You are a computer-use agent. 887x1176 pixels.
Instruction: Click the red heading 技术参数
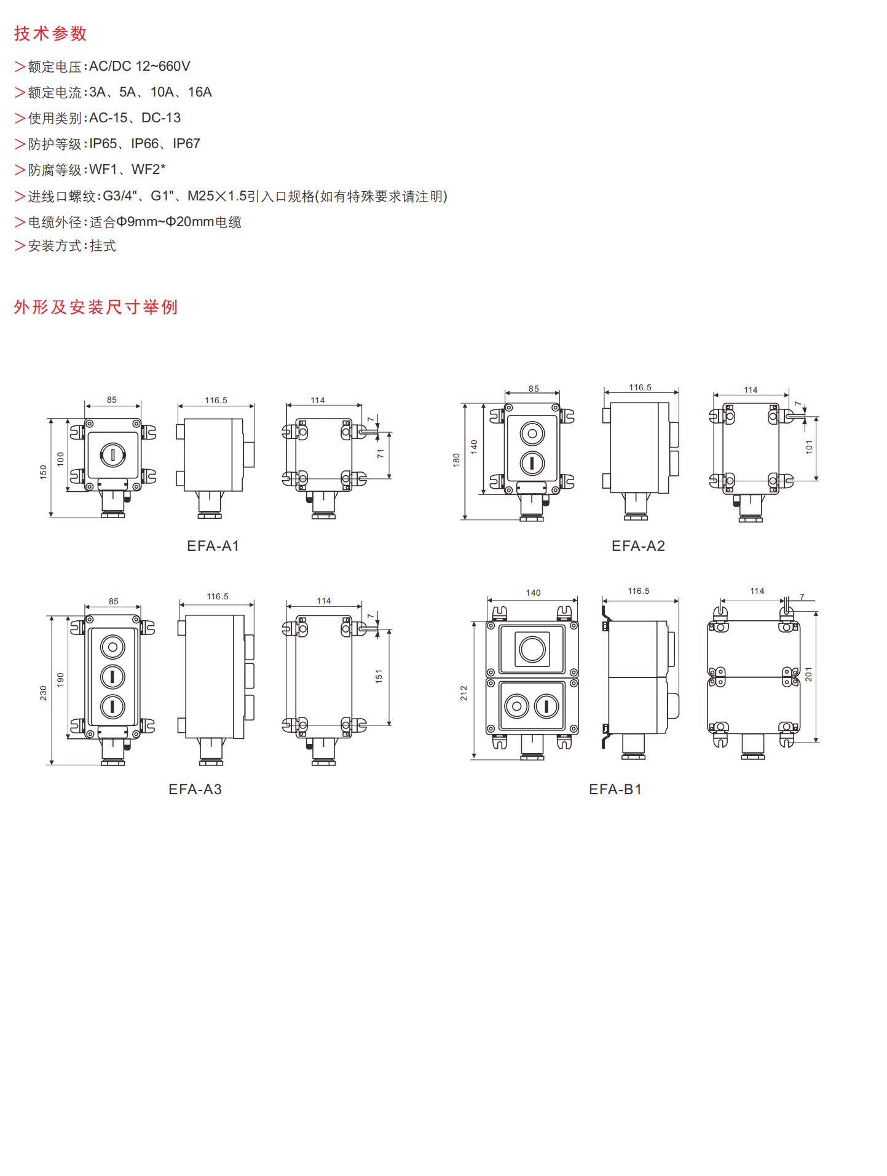pyautogui.click(x=50, y=33)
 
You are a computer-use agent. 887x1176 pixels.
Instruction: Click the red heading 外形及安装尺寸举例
pyautogui.click(x=96, y=307)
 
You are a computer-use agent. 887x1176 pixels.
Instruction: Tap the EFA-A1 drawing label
pyautogui.click(x=213, y=546)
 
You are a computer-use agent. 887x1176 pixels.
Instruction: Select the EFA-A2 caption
pyautogui.click(x=638, y=546)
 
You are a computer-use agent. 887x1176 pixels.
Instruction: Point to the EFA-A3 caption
pyautogui.click(x=195, y=789)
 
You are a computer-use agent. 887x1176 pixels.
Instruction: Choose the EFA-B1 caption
pyautogui.click(x=615, y=789)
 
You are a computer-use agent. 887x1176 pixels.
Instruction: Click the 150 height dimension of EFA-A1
pyautogui.click(x=43, y=472)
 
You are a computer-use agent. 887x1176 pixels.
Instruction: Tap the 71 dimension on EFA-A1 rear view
pyautogui.click(x=380, y=454)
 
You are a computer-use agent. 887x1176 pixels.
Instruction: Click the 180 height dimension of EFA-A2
pyautogui.click(x=456, y=460)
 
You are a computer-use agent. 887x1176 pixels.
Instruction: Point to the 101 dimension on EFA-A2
pyautogui.click(x=809, y=447)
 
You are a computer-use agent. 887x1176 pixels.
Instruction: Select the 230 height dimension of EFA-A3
pyautogui.click(x=43, y=693)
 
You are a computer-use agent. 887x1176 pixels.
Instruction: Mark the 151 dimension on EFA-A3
pyautogui.click(x=379, y=676)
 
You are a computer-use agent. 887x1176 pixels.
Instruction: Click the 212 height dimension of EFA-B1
pyautogui.click(x=463, y=693)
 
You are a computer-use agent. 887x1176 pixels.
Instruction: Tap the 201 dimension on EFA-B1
pyautogui.click(x=808, y=674)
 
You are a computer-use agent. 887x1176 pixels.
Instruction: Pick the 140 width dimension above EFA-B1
pyautogui.click(x=533, y=593)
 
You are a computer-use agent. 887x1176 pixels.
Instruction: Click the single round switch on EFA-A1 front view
pyautogui.click(x=113, y=456)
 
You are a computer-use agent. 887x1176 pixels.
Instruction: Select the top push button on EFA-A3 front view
pyautogui.click(x=112, y=647)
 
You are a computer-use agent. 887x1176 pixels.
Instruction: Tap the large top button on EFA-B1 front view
pyautogui.click(x=532, y=649)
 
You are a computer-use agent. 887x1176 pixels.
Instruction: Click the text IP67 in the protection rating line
pyautogui.click(x=186, y=144)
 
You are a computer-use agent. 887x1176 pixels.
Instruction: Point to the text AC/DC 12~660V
pyautogui.click(x=140, y=66)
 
